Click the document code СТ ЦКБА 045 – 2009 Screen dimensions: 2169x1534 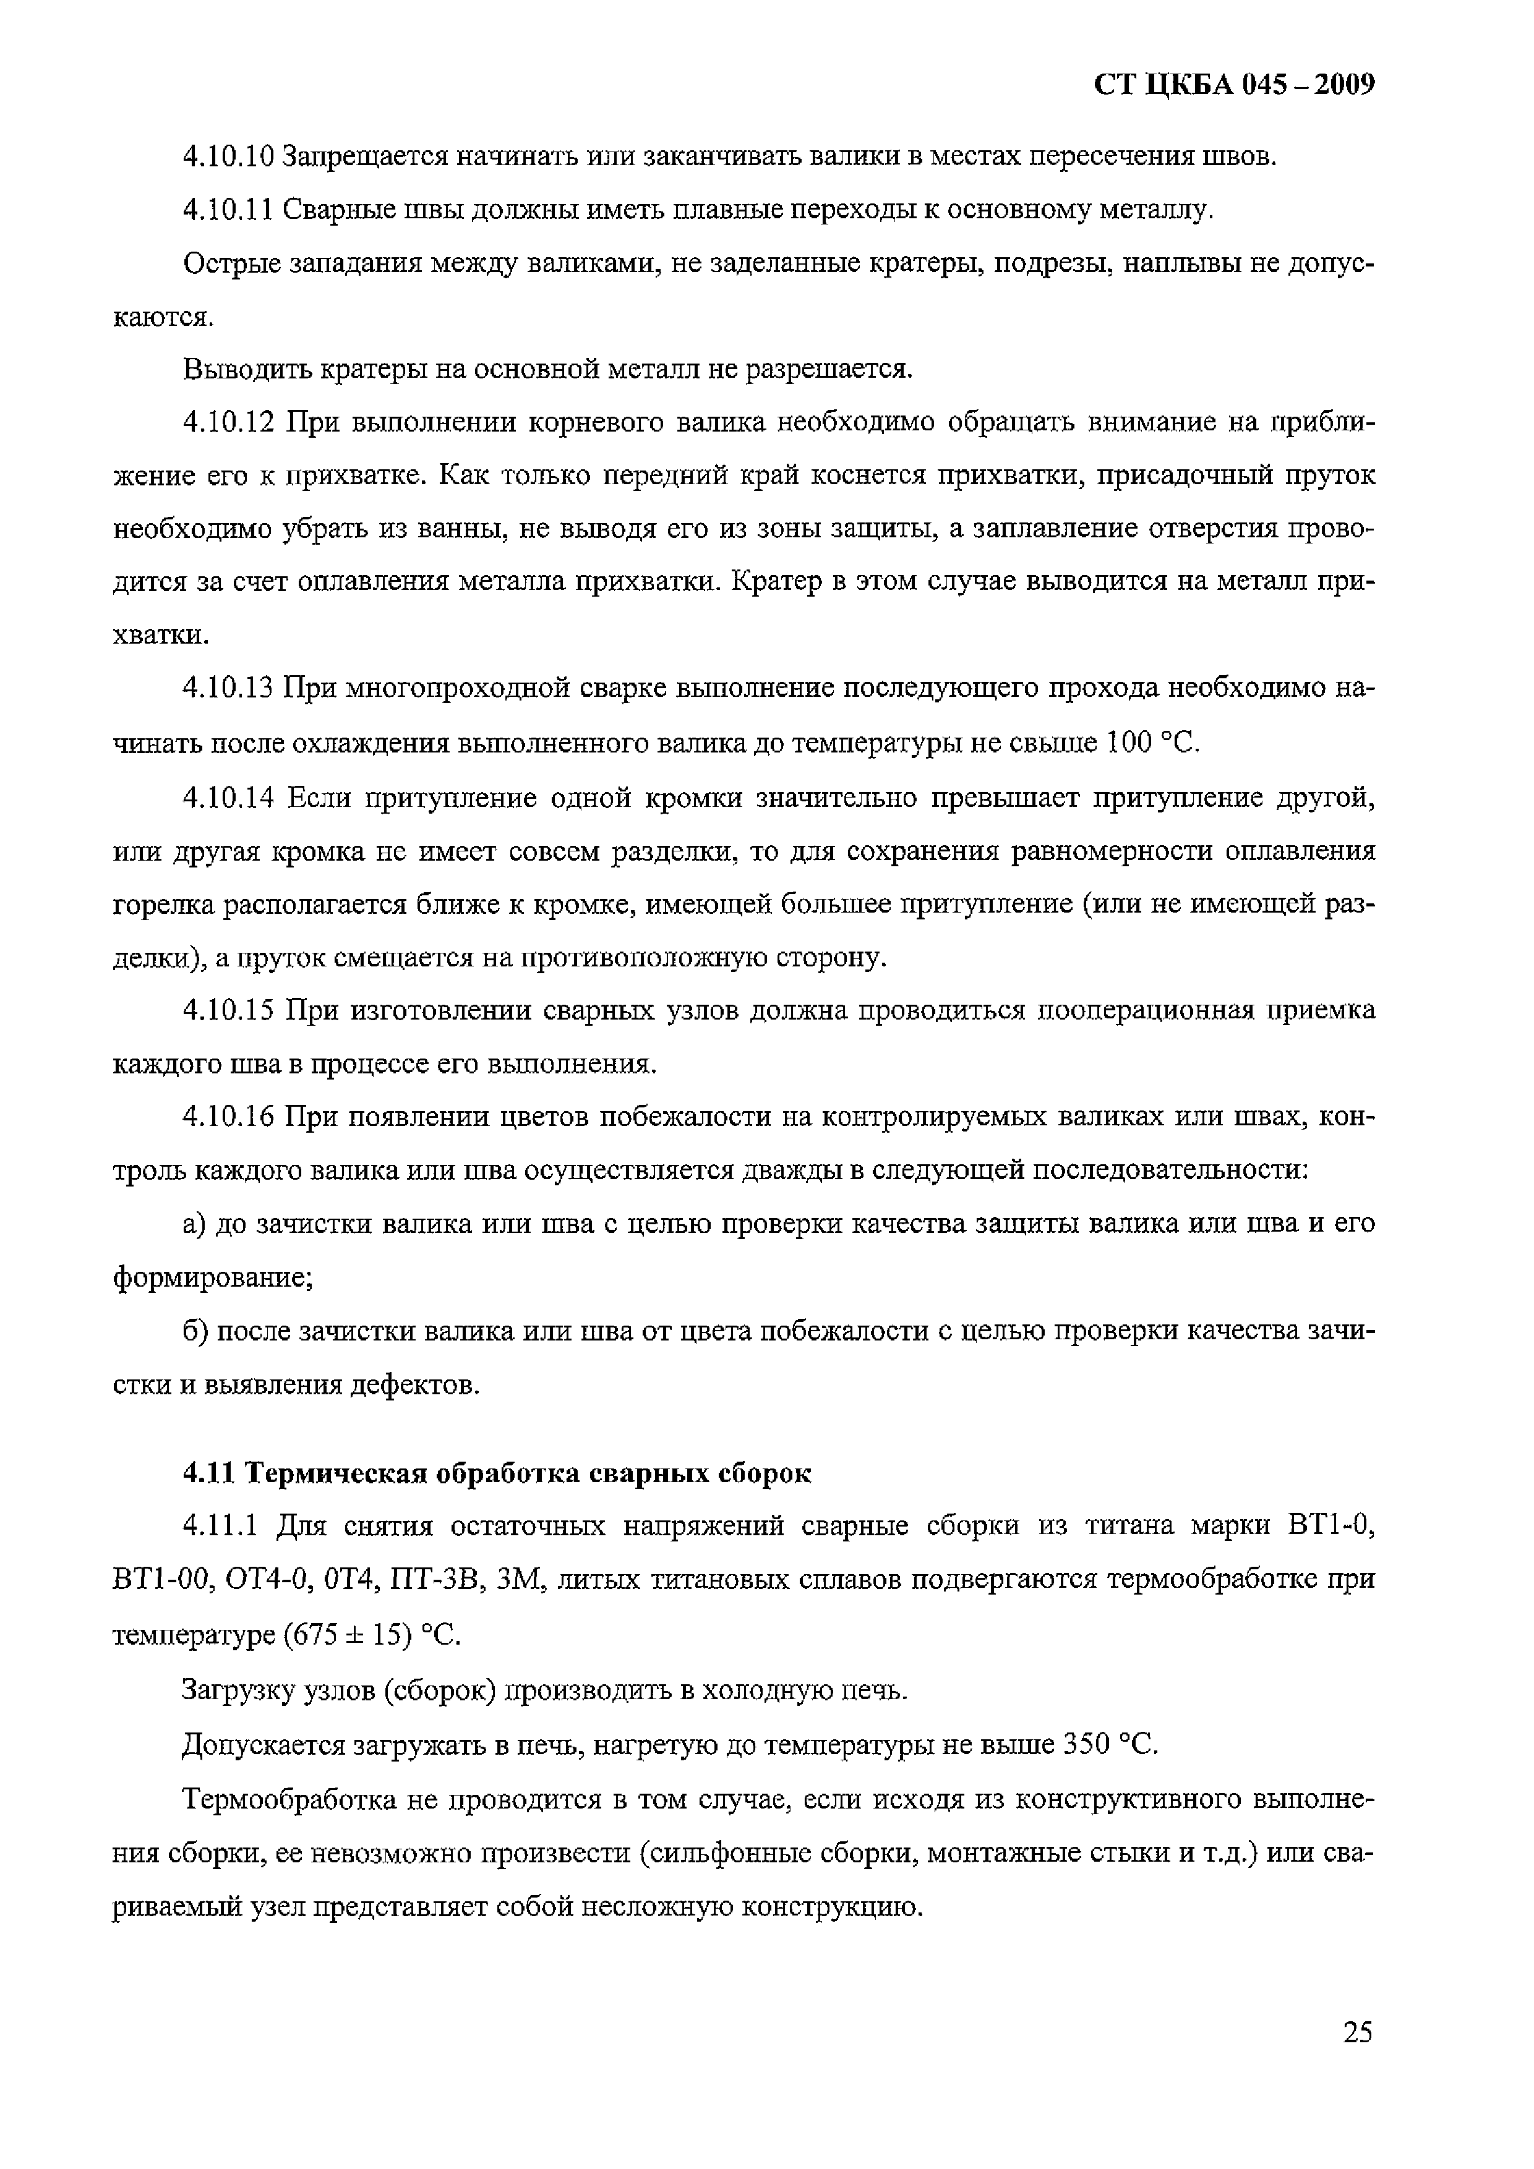coord(1233,86)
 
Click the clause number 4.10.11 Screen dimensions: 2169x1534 coord(227,210)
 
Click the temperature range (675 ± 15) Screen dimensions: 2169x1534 coord(348,1636)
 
